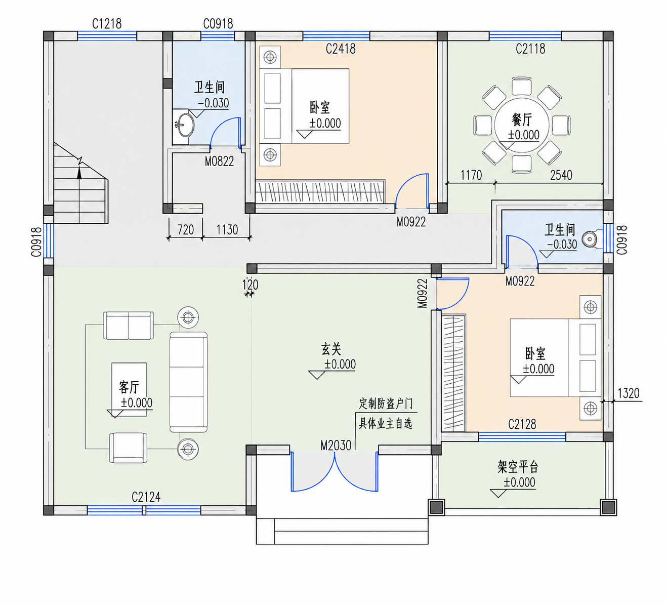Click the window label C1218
[x=107, y=24]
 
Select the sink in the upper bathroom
[x=185, y=125]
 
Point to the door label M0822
[x=219, y=162]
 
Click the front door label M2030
[x=336, y=445]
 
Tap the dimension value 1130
[x=227, y=229]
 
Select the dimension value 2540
[x=561, y=175]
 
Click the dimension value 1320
[x=629, y=393]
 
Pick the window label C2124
[x=146, y=497]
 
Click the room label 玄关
[x=331, y=349]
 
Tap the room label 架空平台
[x=518, y=467]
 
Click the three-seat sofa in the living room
[x=189, y=382]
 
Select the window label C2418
[x=341, y=49]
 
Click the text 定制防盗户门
[x=386, y=404]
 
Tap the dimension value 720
[x=186, y=229]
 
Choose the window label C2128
[x=522, y=424]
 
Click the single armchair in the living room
[x=128, y=448]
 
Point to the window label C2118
[x=530, y=49]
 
